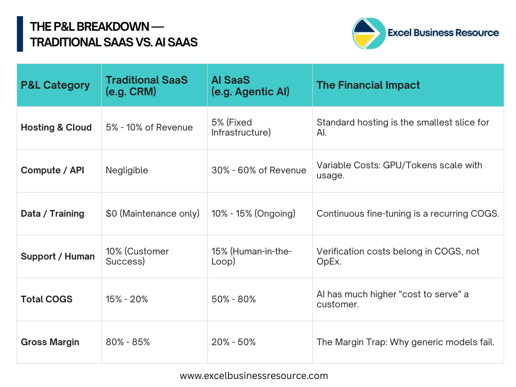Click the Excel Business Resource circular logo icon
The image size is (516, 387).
(x=368, y=33)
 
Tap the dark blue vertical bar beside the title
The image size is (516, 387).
(x=20, y=34)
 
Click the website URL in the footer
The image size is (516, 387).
(x=254, y=375)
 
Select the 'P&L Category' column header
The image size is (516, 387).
(x=55, y=85)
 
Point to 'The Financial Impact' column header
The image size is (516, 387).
(x=368, y=85)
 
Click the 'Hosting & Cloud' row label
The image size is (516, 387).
(x=56, y=127)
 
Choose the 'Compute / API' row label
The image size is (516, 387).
(x=52, y=170)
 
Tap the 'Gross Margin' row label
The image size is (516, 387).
(x=50, y=342)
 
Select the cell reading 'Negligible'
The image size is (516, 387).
(x=127, y=170)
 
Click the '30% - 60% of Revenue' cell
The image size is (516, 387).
(x=259, y=170)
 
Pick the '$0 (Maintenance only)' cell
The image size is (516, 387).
(x=153, y=214)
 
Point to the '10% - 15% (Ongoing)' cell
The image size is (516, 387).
(x=253, y=214)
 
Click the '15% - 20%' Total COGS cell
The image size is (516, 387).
(x=126, y=299)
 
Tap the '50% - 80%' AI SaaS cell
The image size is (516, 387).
(x=234, y=299)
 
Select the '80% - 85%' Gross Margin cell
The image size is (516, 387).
(x=127, y=342)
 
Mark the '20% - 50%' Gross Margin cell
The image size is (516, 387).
(x=234, y=342)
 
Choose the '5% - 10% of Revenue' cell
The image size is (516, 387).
(x=149, y=127)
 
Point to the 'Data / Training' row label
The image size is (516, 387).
(x=52, y=214)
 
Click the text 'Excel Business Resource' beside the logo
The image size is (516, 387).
(x=443, y=33)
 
